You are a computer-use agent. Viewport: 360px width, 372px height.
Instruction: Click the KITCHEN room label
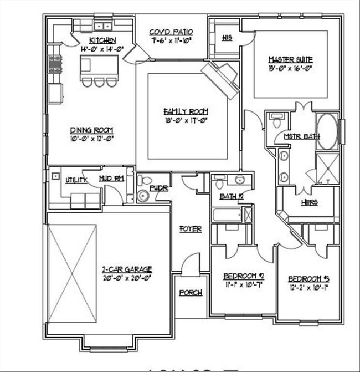coord(102,40)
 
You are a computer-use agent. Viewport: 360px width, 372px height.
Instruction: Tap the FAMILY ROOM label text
coord(189,110)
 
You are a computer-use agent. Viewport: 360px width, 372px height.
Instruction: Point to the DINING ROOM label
coord(91,130)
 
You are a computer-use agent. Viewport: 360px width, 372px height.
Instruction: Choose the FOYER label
coord(190,228)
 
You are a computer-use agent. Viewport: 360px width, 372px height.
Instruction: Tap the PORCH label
coord(191,292)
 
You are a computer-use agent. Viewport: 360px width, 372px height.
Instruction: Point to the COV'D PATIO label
coord(171,32)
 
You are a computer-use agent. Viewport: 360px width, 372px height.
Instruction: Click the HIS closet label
coord(227,38)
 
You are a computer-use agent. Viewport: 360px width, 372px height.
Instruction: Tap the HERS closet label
coord(309,202)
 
